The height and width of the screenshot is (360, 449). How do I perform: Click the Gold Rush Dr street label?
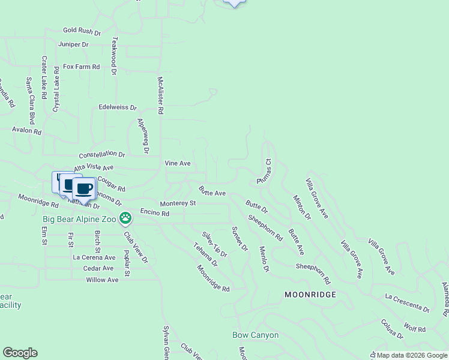(x=82, y=30)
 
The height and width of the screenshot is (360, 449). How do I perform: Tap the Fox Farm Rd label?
(x=81, y=67)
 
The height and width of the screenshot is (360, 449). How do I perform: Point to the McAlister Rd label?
(x=160, y=95)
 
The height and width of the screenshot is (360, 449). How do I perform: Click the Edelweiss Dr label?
(x=118, y=108)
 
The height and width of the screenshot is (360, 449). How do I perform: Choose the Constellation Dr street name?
(x=101, y=154)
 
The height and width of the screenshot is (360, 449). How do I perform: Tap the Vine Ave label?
(x=178, y=163)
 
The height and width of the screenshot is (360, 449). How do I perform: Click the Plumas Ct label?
(x=265, y=171)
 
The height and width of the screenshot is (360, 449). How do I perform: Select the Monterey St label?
(x=177, y=203)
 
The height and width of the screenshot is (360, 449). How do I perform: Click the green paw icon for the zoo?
(x=125, y=218)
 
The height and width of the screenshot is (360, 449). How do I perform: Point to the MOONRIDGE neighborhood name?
(x=310, y=295)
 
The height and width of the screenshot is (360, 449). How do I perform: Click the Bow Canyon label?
(x=255, y=335)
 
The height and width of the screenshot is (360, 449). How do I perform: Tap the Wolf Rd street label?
(x=415, y=329)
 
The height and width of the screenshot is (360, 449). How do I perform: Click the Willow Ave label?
(x=102, y=280)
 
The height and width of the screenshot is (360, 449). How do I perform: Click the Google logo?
(x=20, y=353)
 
